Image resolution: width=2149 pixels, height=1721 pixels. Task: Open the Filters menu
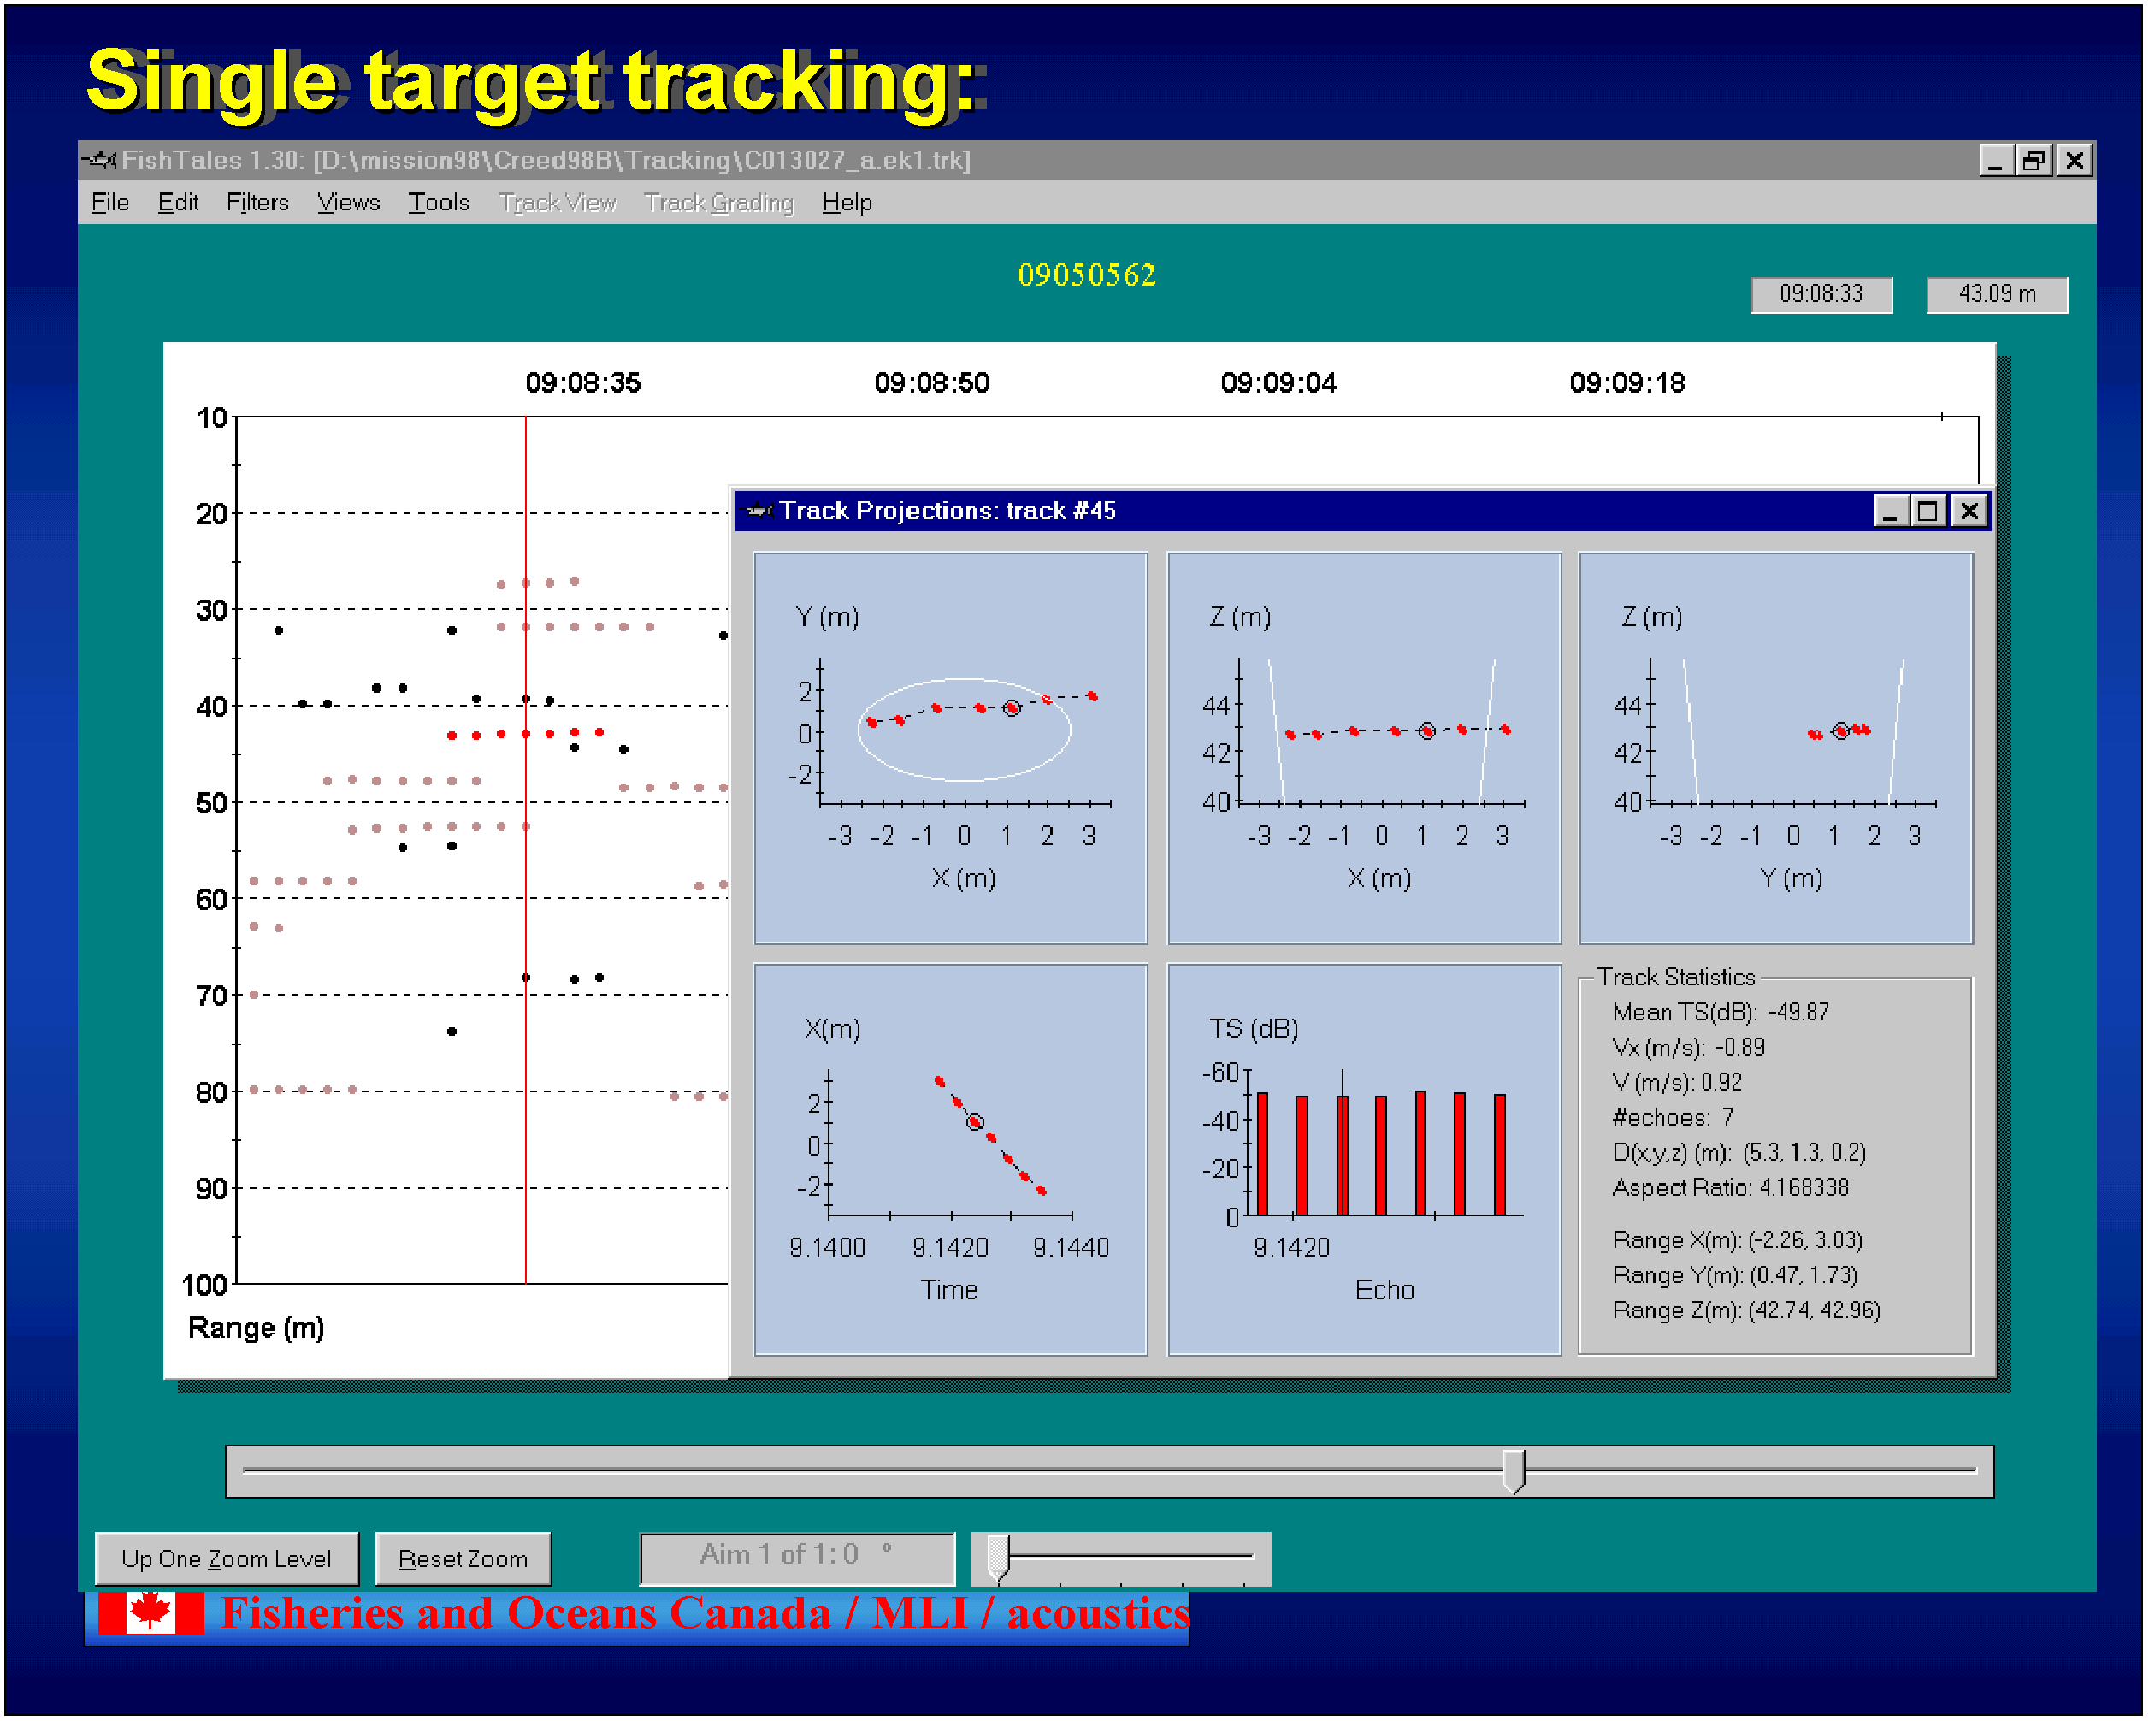(x=257, y=203)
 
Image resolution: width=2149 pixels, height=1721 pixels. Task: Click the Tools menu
(x=439, y=203)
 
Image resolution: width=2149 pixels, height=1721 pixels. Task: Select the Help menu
(x=847, y=203)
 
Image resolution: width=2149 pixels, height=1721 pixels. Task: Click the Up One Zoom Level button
(x=227, y=1558)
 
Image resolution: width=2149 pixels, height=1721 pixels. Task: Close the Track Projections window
(x=1969, y=512)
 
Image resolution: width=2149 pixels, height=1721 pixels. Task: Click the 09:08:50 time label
(x=932, y=383)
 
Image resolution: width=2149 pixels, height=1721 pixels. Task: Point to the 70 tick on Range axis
(x=212, y=995)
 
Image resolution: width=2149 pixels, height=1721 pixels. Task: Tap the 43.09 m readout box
(x=1997, y=294)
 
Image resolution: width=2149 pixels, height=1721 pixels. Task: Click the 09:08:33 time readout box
(x=1821, y=294)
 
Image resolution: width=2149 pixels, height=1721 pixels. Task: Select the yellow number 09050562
(x=1086, y=275)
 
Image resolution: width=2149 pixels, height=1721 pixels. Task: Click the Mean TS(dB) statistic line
(x=1721, y=1012)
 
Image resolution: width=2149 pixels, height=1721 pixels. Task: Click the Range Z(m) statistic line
(x=1746, y=1310)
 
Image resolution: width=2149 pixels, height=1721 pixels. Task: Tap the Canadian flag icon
(x=150, y=1612)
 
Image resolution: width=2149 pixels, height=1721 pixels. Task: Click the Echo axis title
(x=1384, y=1290)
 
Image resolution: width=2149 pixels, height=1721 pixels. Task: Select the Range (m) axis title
(x=257, y=1328)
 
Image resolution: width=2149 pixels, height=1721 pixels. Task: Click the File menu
(x=110, y=203)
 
